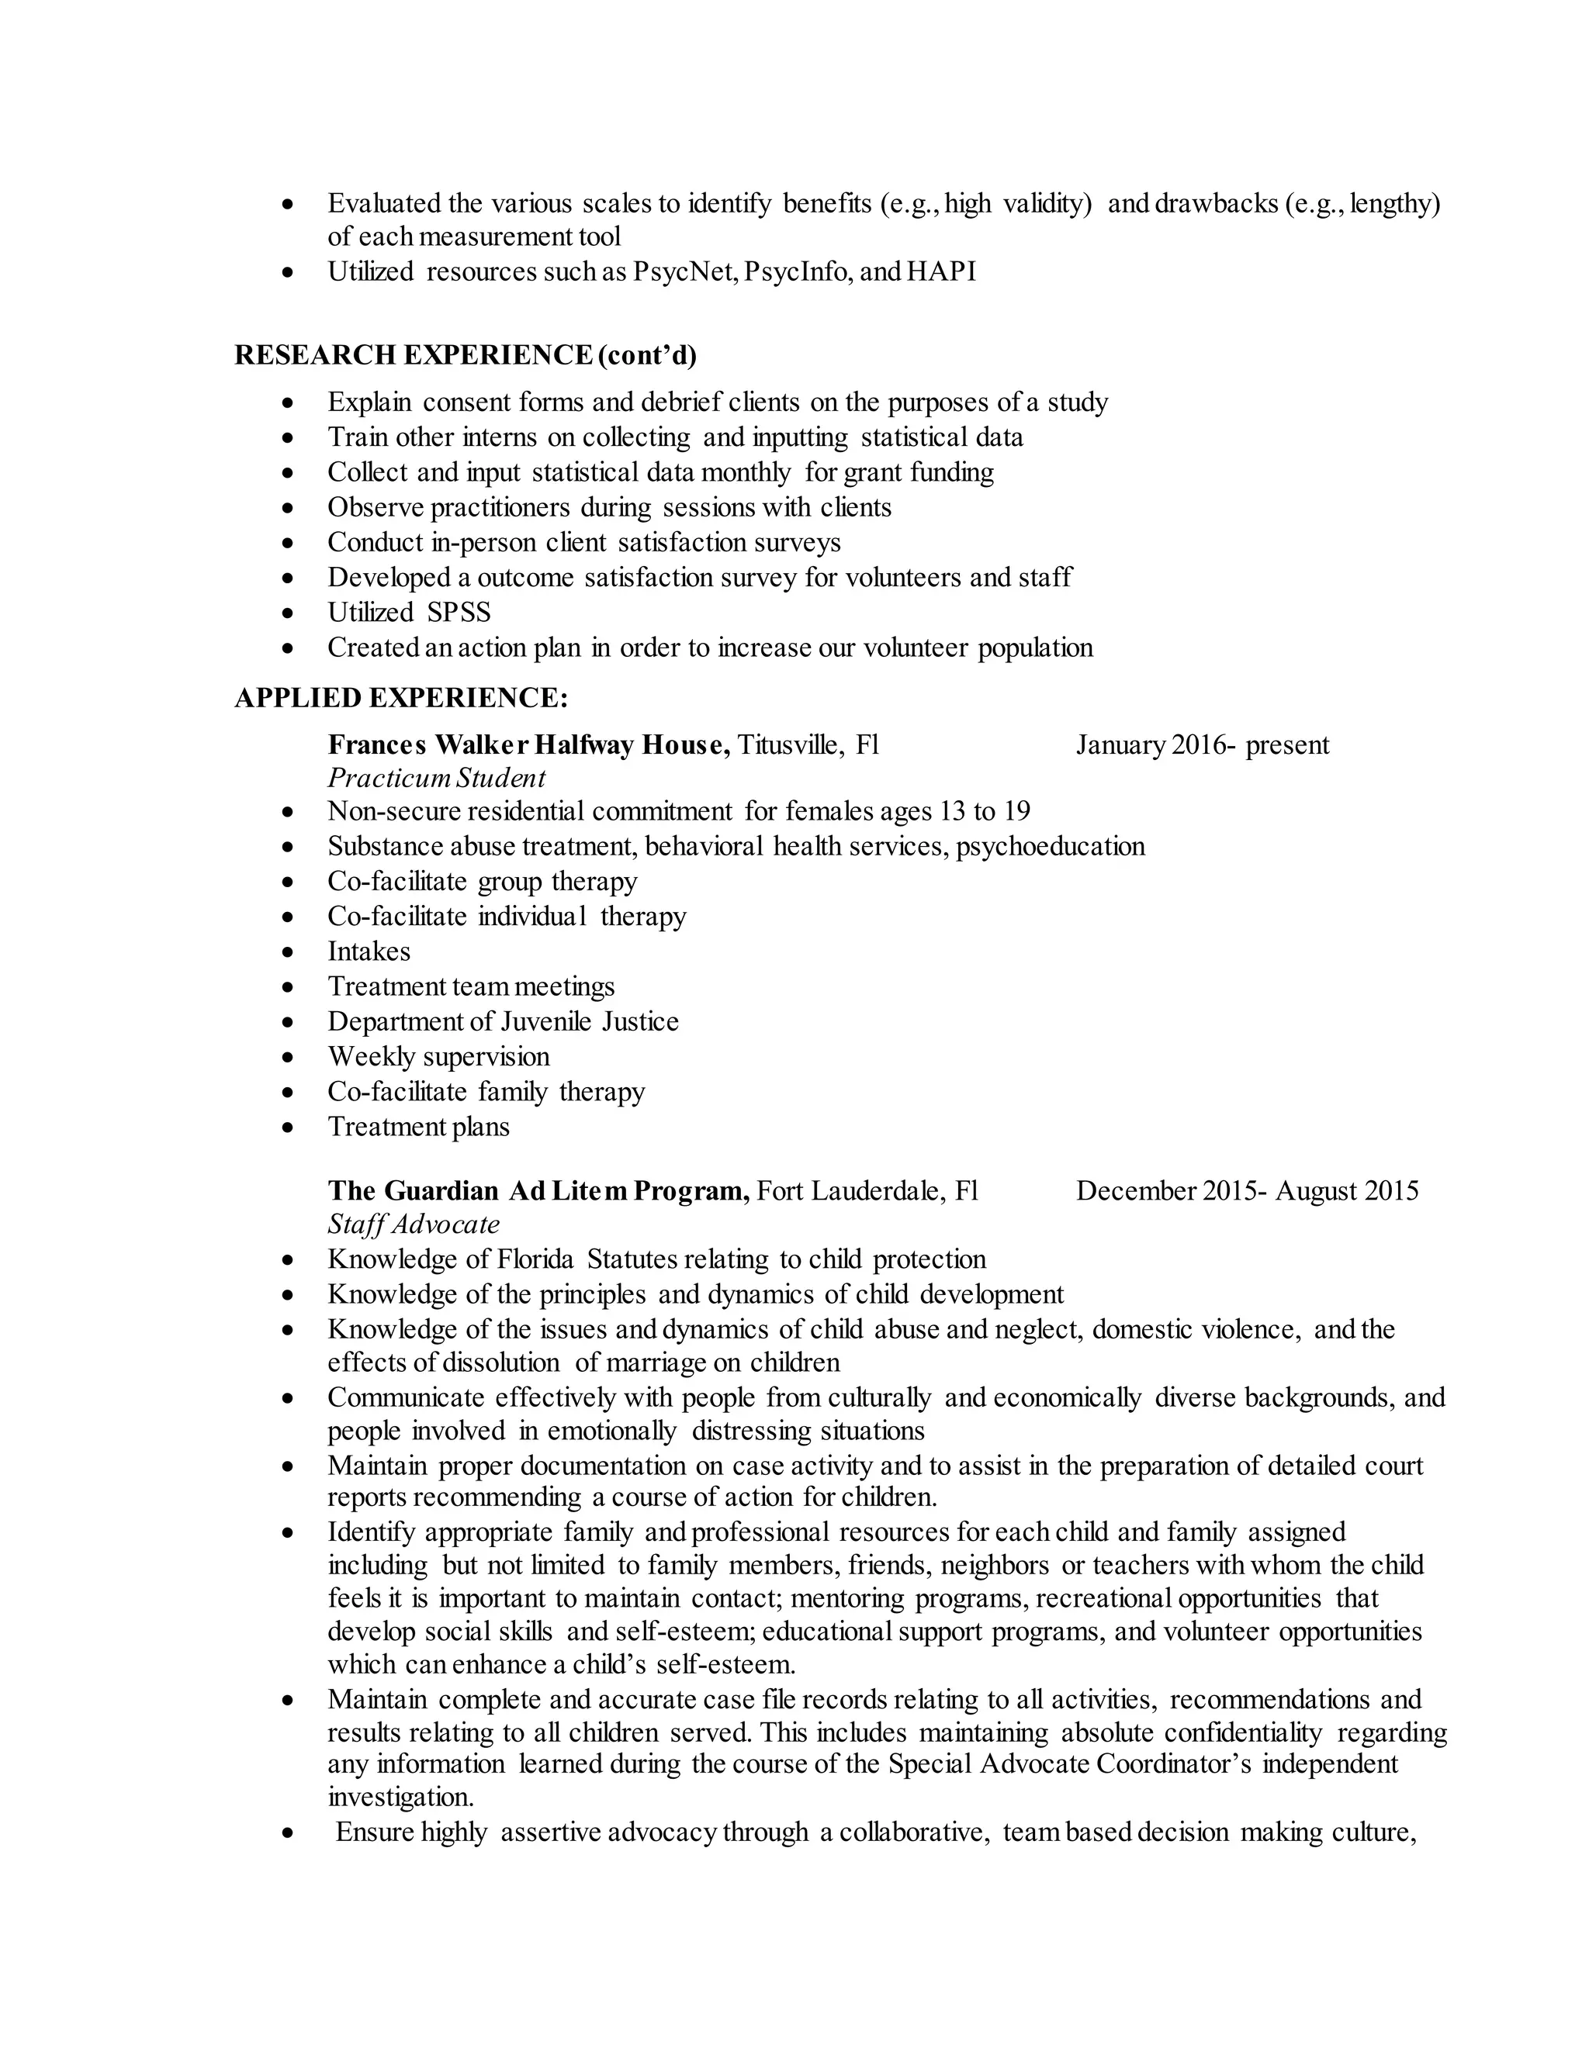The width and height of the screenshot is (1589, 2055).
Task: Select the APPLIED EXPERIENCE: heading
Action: tap(401, 698)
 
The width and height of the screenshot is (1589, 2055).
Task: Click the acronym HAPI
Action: tap(941, 272)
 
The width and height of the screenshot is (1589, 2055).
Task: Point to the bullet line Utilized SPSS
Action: tap(409, 613)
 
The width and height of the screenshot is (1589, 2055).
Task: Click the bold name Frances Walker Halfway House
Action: tap(528, 745)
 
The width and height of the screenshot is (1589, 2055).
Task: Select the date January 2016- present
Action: tap(1202, 745)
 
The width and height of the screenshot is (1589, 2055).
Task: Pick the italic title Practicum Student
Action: tap(436, 778)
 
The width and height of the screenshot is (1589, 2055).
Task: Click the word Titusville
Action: tap(790, 745)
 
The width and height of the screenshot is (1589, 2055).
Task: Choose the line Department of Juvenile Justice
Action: tap(503, 1022)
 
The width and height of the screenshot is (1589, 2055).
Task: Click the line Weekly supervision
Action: tap(438, 1057)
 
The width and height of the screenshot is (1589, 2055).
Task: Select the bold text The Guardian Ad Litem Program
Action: tap(538, 1191)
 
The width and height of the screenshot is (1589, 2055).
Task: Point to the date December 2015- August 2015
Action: tap(1246, 1191)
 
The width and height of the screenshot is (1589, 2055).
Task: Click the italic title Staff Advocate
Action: tap(414, 1224)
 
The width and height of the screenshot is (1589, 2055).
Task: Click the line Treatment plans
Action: tap(418, 1128)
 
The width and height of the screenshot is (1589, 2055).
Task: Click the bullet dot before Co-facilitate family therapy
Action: tap(289, 1093)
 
